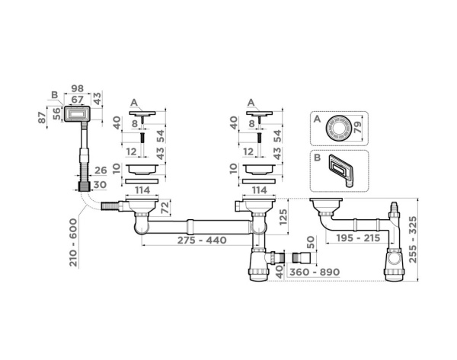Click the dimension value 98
pyautogui.click(x=77, y=88)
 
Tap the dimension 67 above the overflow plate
pyautogui.click(x=77, y=100)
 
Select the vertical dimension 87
pyautogui.click(x=43, y=117)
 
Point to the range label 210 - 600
pyautogui.click(x=73, y=242)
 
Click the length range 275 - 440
pyautogui.click(x=202, y=241)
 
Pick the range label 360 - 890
pyautogui.click(x=315, y=272)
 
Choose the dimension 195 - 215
pyautogui.click(x=358, y=238)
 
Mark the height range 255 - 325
pyautogui.click(x=413, y=240)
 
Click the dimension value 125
pyautogui.click(x=283, y=216)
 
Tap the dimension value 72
pyautogui.click(x=165, y=207)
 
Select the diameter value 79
pyautogui.click(x=357, y=126)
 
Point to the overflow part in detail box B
pyautogui.click(x=341, y=170)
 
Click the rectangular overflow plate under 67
pyautogui.click(x=77, y=114)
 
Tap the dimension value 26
pyautogui.click(x=101, y=170)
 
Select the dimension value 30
pyautogui.click(x=100, y=185)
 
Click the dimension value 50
pyautogui.click(x=311, y=242)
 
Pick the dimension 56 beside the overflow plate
pyautogui.click(x=57, y=113)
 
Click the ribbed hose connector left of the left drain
pyautogui.click(x=110, y=205)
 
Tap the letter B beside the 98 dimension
pyautogui.click(x=55, y=95)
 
